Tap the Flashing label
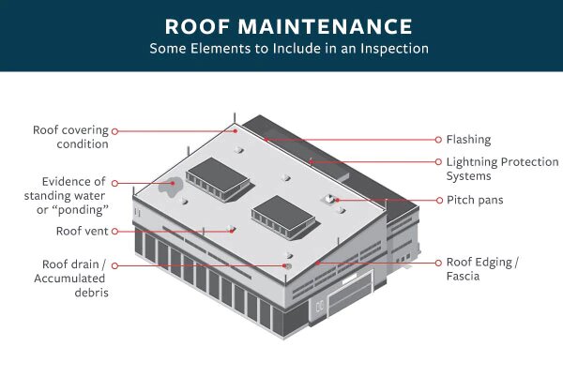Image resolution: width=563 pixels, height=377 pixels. [468, 140]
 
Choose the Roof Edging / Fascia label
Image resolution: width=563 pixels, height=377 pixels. [481, 270]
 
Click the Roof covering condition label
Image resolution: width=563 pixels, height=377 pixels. [70, 137]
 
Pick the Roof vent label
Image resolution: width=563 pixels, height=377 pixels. [82, 231]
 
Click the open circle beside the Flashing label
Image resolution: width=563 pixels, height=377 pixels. [437, 140]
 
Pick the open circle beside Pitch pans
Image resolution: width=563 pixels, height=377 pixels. [437, 200]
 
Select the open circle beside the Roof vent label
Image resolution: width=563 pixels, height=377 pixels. [115, 231]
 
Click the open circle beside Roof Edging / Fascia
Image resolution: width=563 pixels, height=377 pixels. [437, 264]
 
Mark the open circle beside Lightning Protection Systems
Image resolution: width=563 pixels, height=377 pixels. [437, 162]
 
